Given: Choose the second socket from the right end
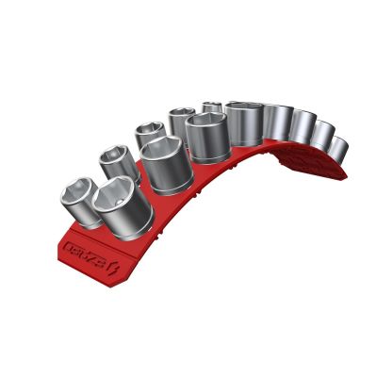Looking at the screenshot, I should [x=321, y=139].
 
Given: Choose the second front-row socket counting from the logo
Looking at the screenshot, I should [x=162, y=163].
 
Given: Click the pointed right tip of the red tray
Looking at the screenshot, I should [x=345, y=173].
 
